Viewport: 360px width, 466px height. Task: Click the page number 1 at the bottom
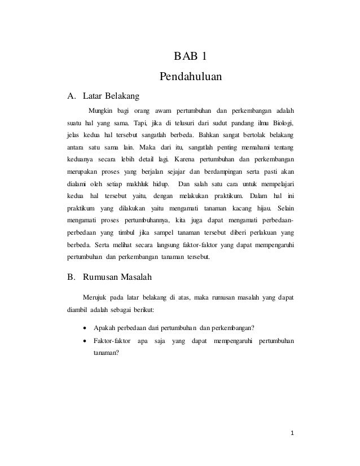tap(292, 434)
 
